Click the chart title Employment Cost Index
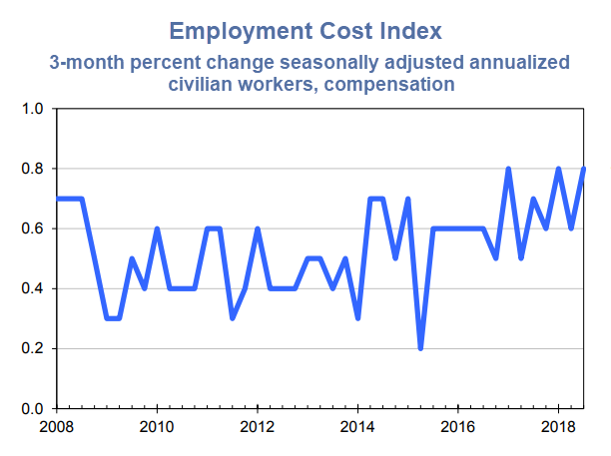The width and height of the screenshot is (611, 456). [x=305, y=29]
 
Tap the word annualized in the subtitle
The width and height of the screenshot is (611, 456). [x=489, y=62]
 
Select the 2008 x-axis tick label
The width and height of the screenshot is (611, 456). [x=57, y=427]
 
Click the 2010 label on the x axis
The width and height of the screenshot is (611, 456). [x=157, y=427]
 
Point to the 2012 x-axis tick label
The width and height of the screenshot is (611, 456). [x=257, y=427]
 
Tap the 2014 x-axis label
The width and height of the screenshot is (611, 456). [x=356, y=427]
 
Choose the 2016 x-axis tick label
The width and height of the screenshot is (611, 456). [x=456, y=427]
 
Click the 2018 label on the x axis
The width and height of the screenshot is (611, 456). [x=556, y=427]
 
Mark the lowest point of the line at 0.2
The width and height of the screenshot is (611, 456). [x=420, y=348]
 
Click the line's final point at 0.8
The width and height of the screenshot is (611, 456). [x=583, y=169]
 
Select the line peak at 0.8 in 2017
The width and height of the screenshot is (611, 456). [x=508, y=169]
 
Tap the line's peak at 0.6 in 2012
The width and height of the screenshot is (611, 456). [x=258, y=228]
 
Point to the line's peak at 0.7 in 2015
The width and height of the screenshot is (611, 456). [x=408, y=199]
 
